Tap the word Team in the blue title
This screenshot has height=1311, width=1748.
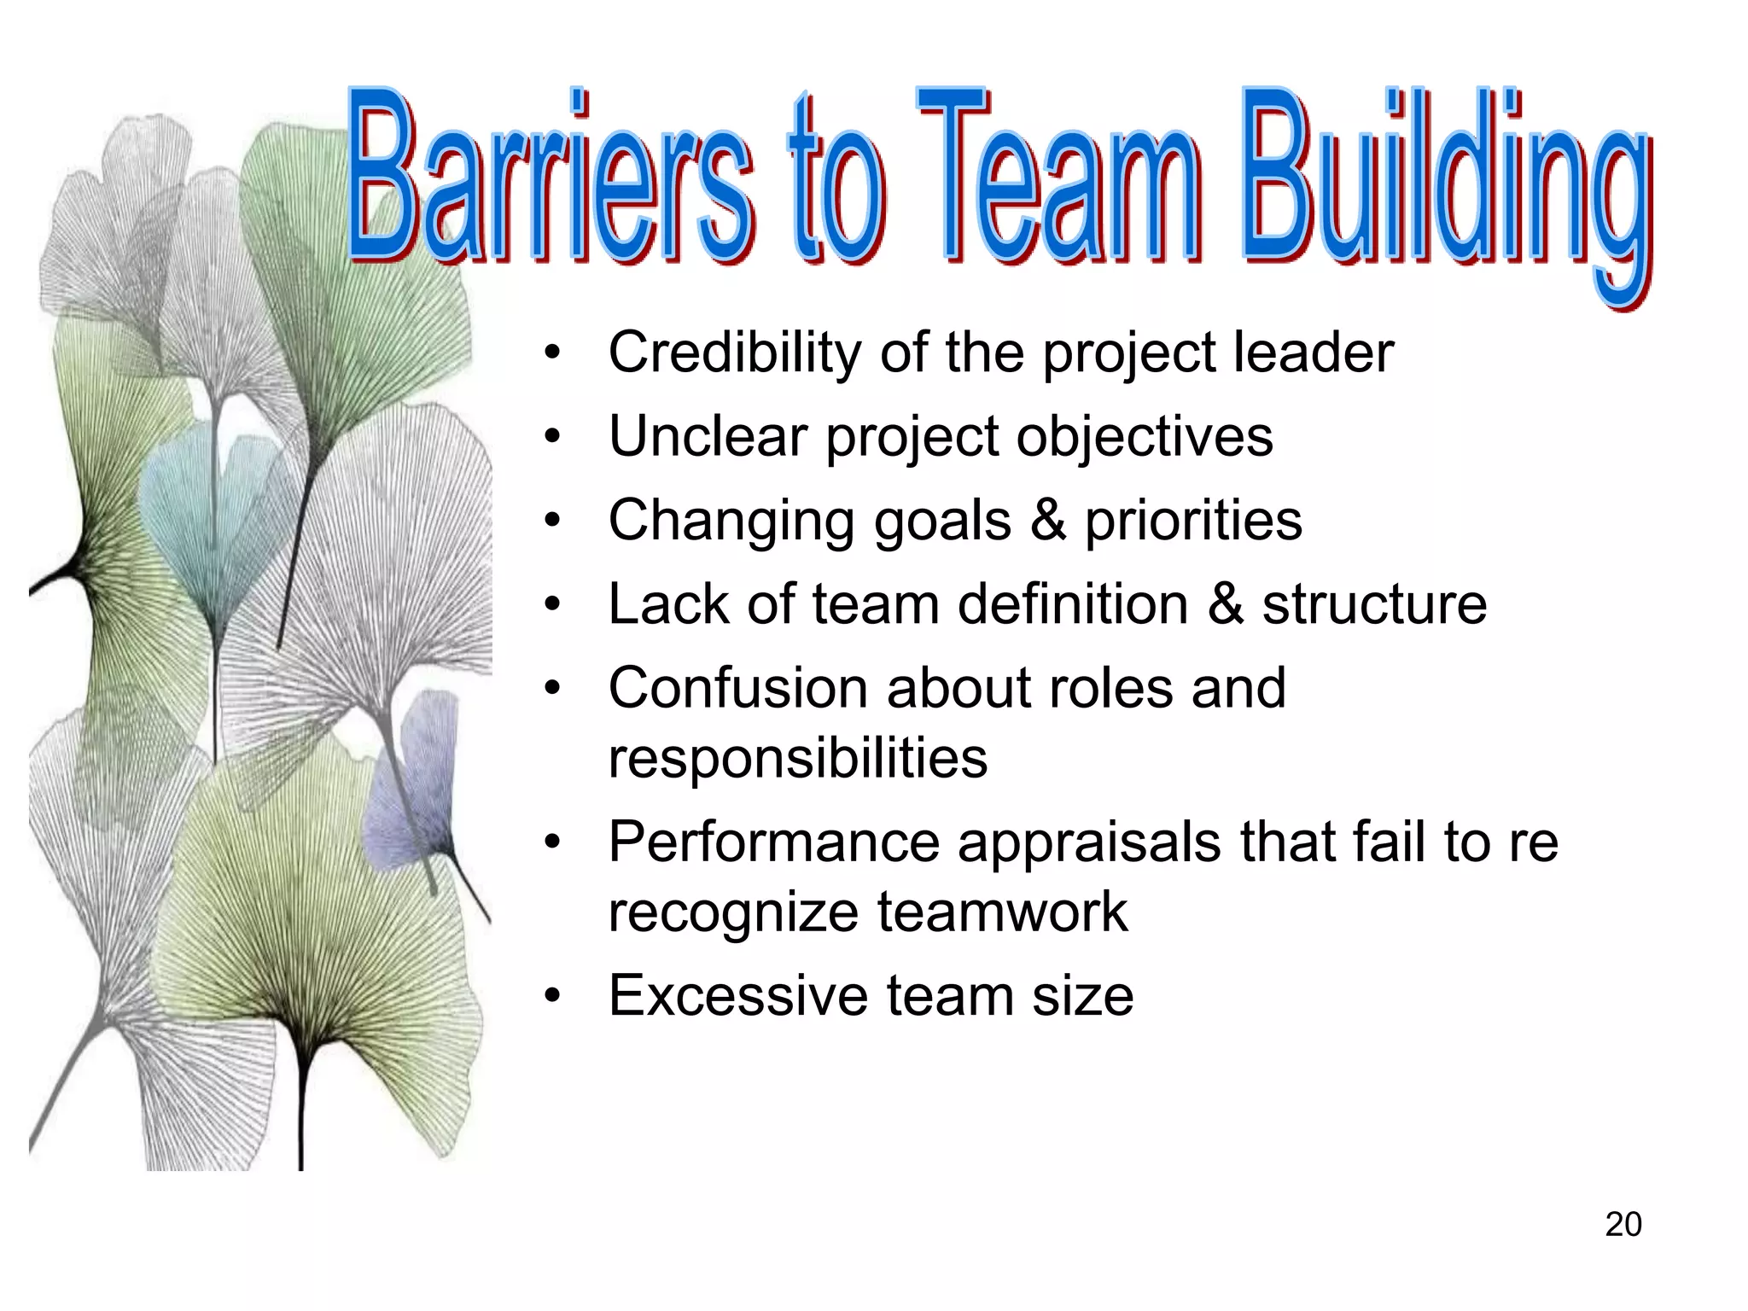pyautogui.click(x=1058, y=179)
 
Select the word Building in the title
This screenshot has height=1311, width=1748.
pyautogui.click(x=1442, y=188)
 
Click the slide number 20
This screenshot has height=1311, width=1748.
pyautogui.click(x=1623, y=1224)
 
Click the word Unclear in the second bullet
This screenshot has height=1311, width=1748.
pyautogui.click(x=708, y=436)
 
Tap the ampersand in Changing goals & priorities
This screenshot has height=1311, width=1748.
pyautogui.click(x=1048, y=520)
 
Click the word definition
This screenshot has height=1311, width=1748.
pyautogui.click(x=1073, y=604)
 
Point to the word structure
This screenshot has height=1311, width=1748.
pyautogui.click(x=1374, y=604)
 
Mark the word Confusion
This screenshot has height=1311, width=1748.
pyautogui.click(x=737, y=688)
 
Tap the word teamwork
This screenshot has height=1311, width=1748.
pyautogui.click(x=1002, y=912)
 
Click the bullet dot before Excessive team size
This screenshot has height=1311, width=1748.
pyautogui.click(x=553, y=996)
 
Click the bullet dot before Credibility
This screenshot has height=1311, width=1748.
pyautogui.click(x=553, y=353)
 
